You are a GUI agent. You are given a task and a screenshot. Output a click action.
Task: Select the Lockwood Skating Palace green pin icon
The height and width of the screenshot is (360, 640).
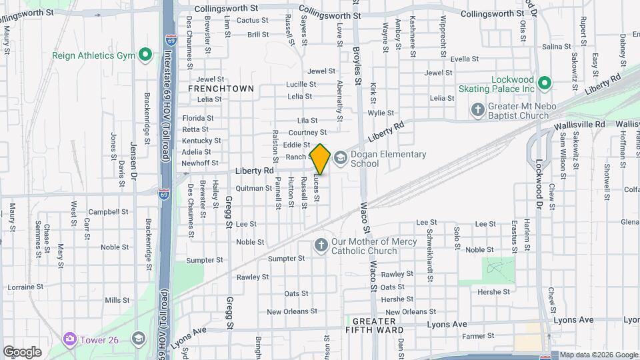(x=544, y=83)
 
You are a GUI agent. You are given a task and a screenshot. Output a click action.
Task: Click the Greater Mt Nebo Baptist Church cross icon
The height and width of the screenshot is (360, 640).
(x=477, y=109)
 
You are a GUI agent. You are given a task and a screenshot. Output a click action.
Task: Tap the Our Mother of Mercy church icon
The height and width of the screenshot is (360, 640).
(x=321, y=245)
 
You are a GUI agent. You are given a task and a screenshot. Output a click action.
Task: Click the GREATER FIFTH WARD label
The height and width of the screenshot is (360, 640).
(x=374, y=329)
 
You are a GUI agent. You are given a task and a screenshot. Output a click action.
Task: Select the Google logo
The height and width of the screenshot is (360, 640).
(x=21, y=351)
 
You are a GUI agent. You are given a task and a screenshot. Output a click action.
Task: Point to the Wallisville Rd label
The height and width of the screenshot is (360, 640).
(x=579, y=125)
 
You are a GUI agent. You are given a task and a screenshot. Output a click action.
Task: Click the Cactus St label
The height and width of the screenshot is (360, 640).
(x=253, y=21)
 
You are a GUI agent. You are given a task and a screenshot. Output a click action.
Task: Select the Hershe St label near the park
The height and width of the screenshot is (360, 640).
(x=495, y=291)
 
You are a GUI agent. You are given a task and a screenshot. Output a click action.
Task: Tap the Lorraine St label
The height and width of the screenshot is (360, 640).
(x=25, y=287)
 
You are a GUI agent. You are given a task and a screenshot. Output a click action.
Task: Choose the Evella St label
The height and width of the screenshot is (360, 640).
(x=465, y=59)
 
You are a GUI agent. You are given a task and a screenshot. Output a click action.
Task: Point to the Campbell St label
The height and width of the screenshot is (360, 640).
(x=108, y=212)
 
